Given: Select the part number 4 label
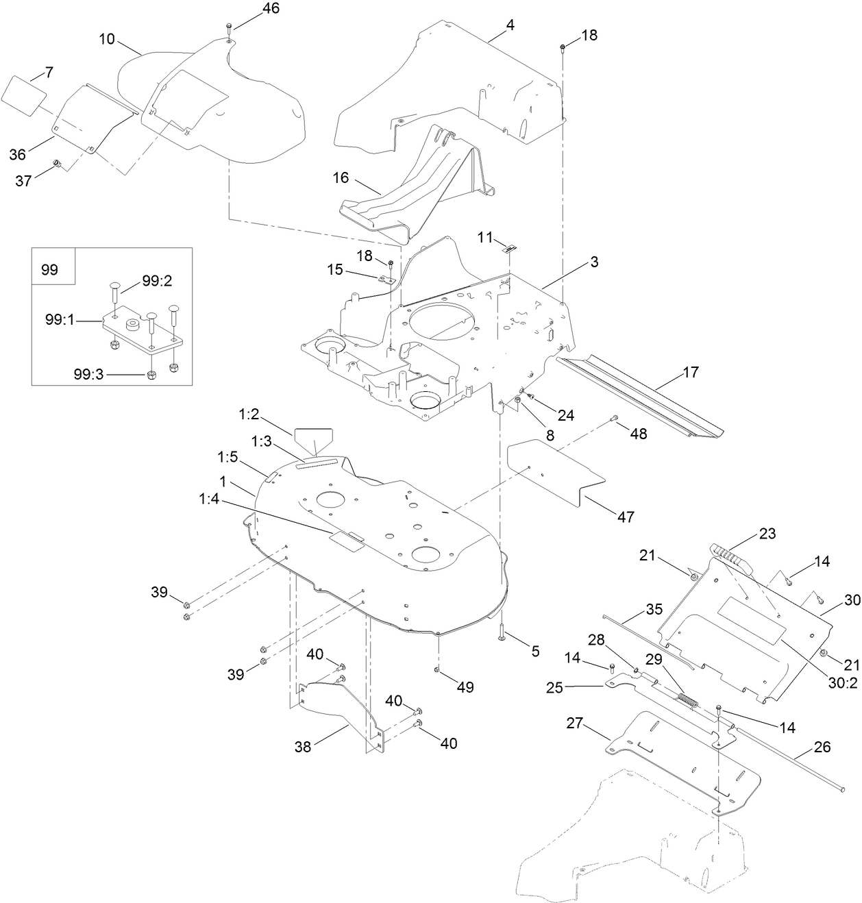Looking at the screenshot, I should click(510, 25).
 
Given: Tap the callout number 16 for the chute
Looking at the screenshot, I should click(341, 178).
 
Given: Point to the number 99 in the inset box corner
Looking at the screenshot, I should click(50, 269).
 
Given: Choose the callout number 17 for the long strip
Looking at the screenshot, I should click(691, 372).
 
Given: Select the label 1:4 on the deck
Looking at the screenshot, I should click(209, 499).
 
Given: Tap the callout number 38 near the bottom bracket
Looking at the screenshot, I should click(302, 747).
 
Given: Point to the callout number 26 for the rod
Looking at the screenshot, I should click(822, 746).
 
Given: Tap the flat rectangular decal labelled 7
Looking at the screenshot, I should click(23, 90).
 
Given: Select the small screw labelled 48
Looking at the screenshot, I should click(615, 419).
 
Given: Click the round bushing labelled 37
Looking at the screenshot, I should click(58, 163).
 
